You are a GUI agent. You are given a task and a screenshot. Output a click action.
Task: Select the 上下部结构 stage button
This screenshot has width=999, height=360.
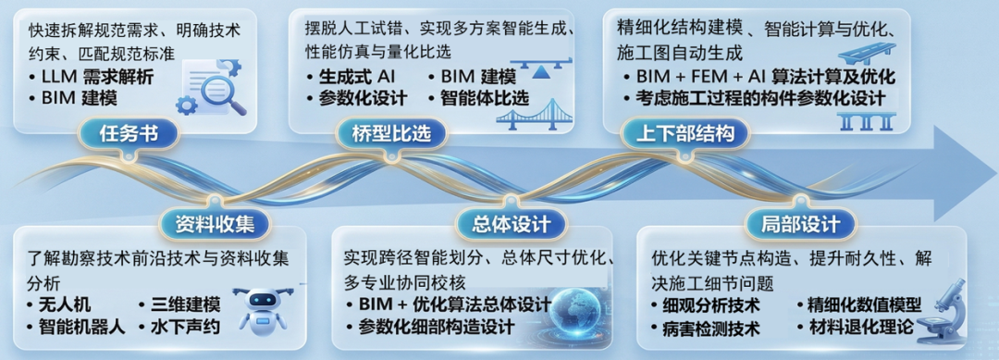(x=685, y=133)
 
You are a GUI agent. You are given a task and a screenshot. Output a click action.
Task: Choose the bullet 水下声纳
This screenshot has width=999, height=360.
(x=178, y=326)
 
